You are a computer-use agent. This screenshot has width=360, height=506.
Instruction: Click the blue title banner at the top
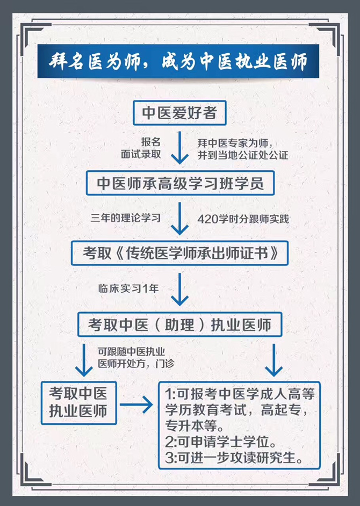pos(179,62)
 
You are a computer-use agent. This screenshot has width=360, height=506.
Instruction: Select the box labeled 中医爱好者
pos(179,113)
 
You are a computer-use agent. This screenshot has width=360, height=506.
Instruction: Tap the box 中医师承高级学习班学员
pos(179,183)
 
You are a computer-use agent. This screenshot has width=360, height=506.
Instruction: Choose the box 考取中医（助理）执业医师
pos(179,324)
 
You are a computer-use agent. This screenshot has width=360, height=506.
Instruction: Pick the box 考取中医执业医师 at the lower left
pos(79,402)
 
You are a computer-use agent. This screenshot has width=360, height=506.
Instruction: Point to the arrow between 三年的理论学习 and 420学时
pos(179,219)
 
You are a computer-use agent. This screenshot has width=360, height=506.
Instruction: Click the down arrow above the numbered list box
pos(274,359)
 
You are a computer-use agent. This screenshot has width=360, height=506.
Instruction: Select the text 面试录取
pos(141,154)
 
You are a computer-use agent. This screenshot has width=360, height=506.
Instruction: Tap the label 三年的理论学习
pos(126,219)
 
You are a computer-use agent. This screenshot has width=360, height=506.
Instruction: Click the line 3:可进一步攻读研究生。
pos(236,459)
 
